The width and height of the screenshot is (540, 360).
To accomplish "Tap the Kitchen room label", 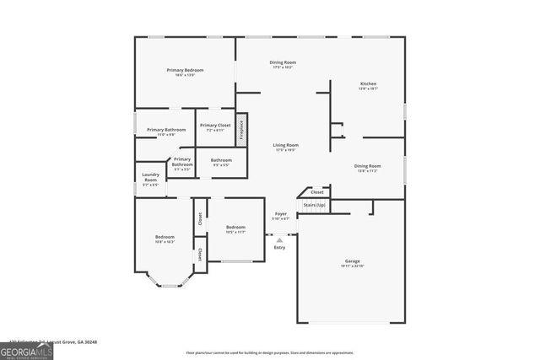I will click(x=368, y=85).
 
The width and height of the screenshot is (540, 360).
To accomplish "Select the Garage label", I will click(x=352, y=262).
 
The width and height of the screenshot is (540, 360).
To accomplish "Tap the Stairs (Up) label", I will click(x=314, y=205).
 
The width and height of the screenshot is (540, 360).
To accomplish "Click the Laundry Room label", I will click(x=150, y=180).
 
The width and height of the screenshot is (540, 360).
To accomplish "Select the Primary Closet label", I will click(x=215, y=127).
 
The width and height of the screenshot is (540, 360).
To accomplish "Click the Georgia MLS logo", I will click(x=26, y=351).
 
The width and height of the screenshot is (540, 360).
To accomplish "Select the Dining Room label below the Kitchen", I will click(x=368, y=168).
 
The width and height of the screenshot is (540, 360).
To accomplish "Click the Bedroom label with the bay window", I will click(x=165, y=239).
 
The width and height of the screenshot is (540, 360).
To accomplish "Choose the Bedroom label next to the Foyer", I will click(x=235, y=229).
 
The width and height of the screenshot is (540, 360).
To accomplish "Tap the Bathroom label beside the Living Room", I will click(x=221, y=162).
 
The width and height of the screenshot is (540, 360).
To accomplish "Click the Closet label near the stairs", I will click(x=317, y=192).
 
